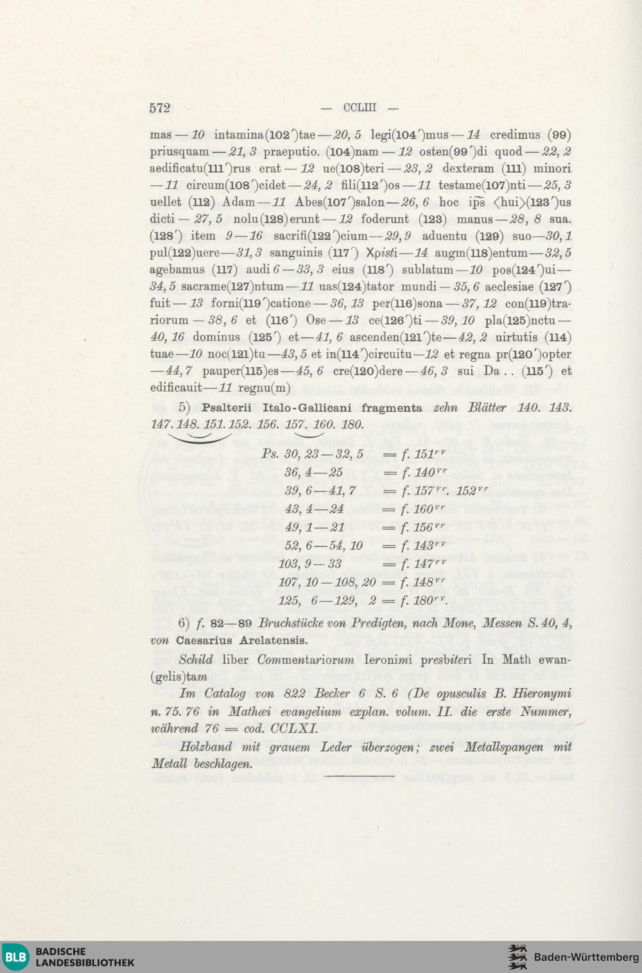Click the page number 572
160,108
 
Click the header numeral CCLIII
360,108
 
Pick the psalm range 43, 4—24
314,509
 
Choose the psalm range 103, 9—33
311,564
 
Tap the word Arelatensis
275,639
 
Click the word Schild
196,660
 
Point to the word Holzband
205,747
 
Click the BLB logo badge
17,957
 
